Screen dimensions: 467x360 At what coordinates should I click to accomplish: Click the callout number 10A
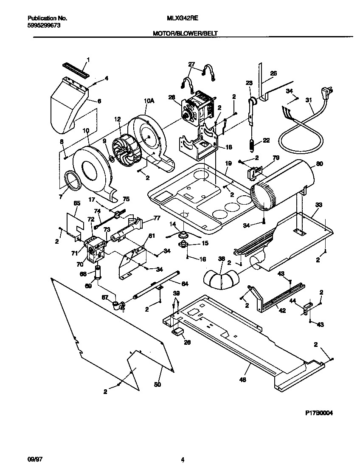point(149,101)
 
